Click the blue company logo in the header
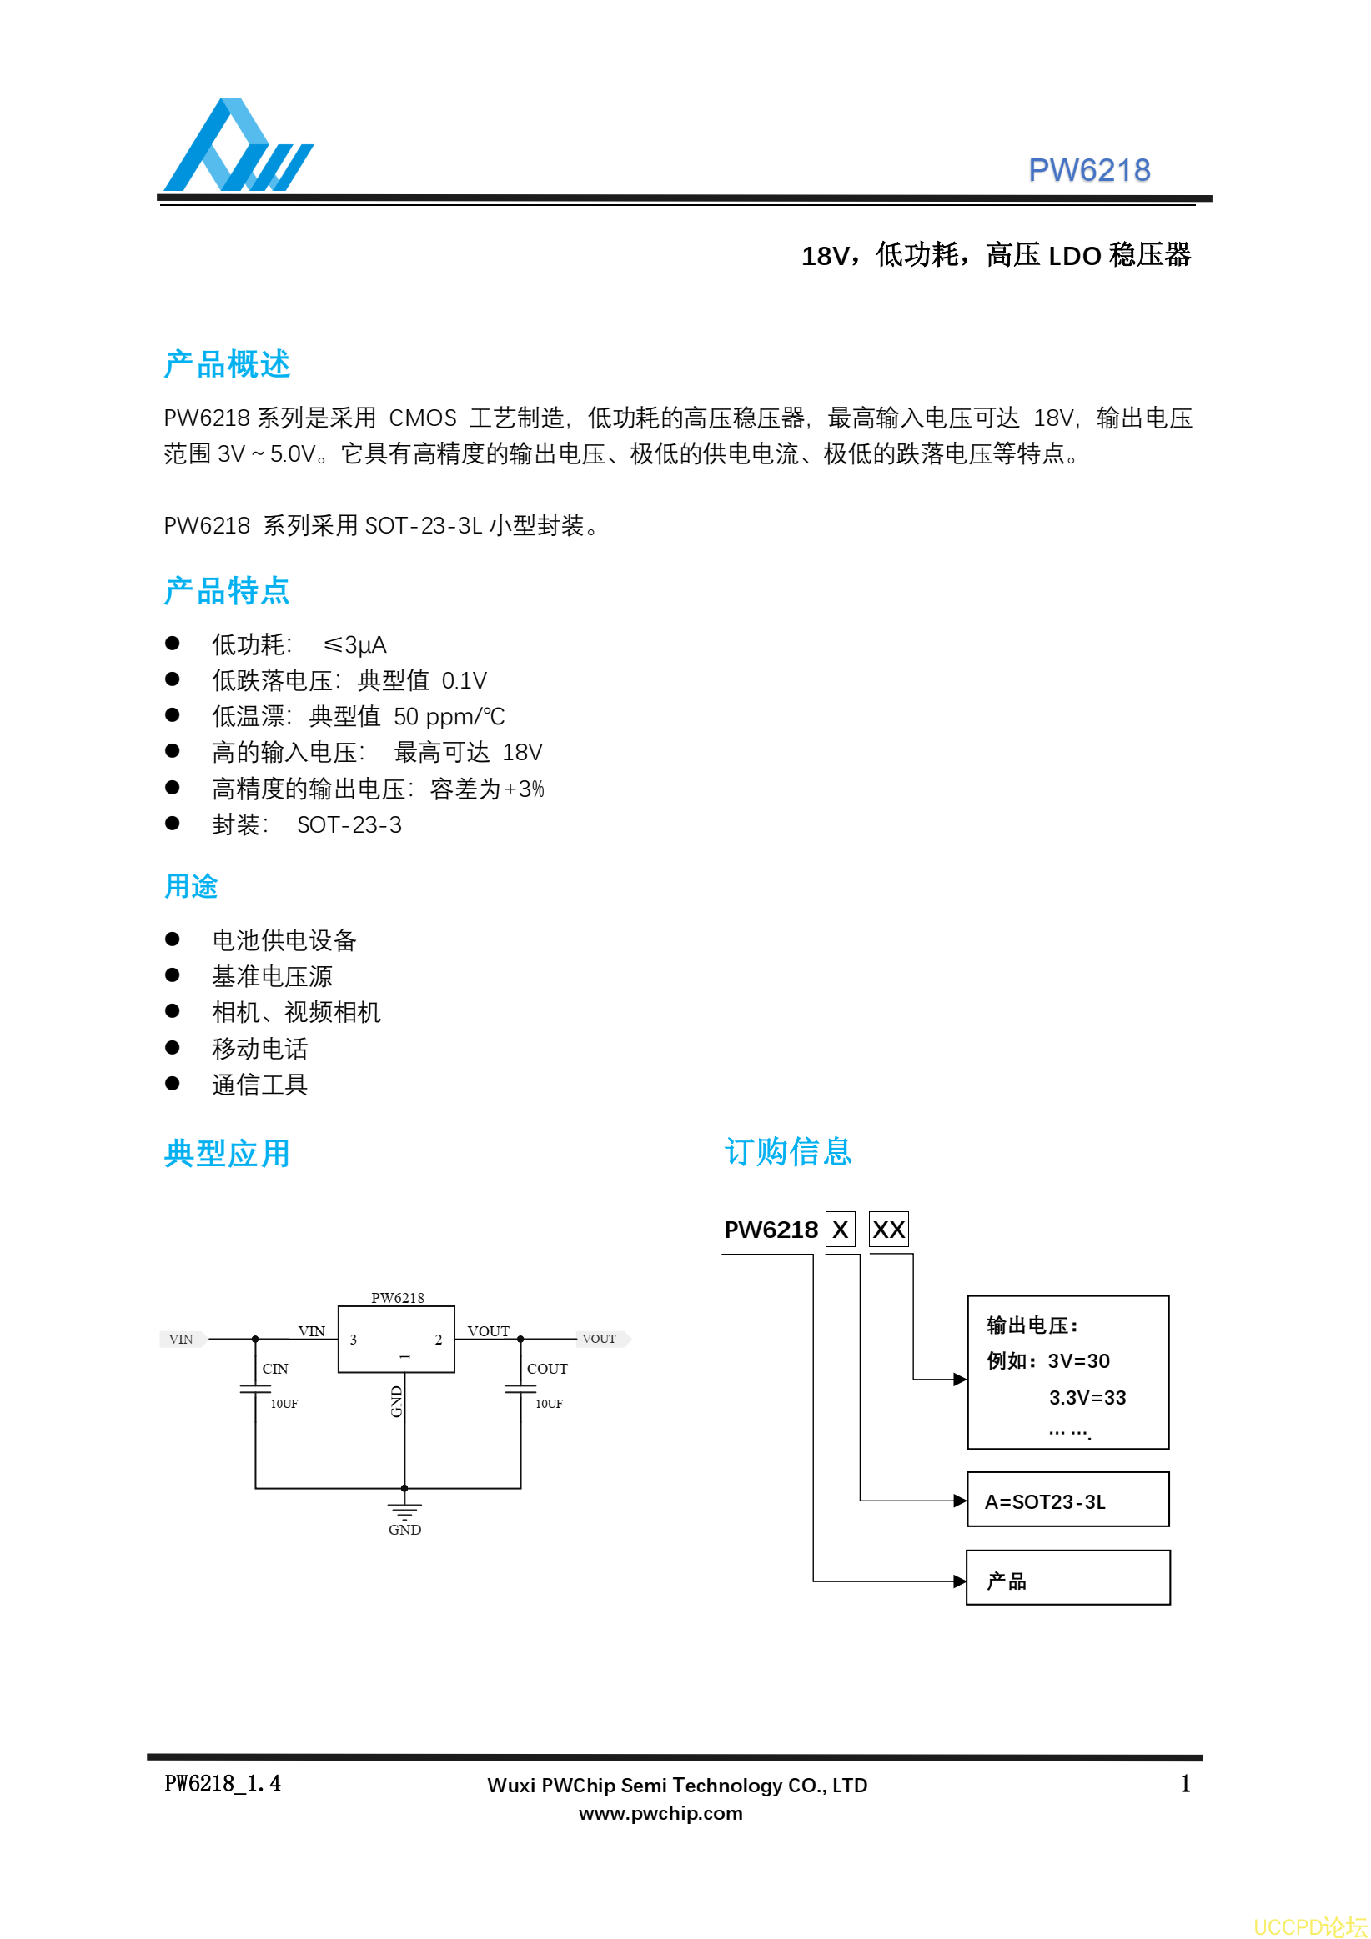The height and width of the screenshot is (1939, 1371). [x=239, y=144]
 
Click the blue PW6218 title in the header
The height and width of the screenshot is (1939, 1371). [x=1089, y=171]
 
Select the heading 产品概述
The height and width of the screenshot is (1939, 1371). [x=227, y=365]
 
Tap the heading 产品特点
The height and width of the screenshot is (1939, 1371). [x=227, y=590]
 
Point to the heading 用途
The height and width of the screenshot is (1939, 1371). [x=191, y=886]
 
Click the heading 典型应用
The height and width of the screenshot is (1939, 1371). [x=227, y=1153]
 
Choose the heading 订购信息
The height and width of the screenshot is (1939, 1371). [x=788, y=1151]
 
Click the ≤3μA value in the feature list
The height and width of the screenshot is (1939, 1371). [x=354, y=645]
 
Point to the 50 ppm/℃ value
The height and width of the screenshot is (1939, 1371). [x=449, y=717]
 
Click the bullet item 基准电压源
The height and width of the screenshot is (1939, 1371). [x=272, y=976]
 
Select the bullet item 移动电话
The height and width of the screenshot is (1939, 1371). [x=260, y=1048]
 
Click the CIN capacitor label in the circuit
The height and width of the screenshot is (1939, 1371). [x=275, y=1369]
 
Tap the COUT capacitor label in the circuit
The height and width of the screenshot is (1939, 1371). [x=547, y=1369]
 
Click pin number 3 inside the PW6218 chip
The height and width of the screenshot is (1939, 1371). [x=353, y=1340]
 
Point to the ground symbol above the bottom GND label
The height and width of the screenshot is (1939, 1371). [x=404, y=1511]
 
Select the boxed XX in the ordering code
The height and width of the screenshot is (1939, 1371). [x=889, y=1230]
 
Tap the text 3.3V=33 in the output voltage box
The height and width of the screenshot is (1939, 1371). [x=1087, y=1398]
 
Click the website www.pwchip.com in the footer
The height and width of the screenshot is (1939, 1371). [x=660, y=1813]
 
